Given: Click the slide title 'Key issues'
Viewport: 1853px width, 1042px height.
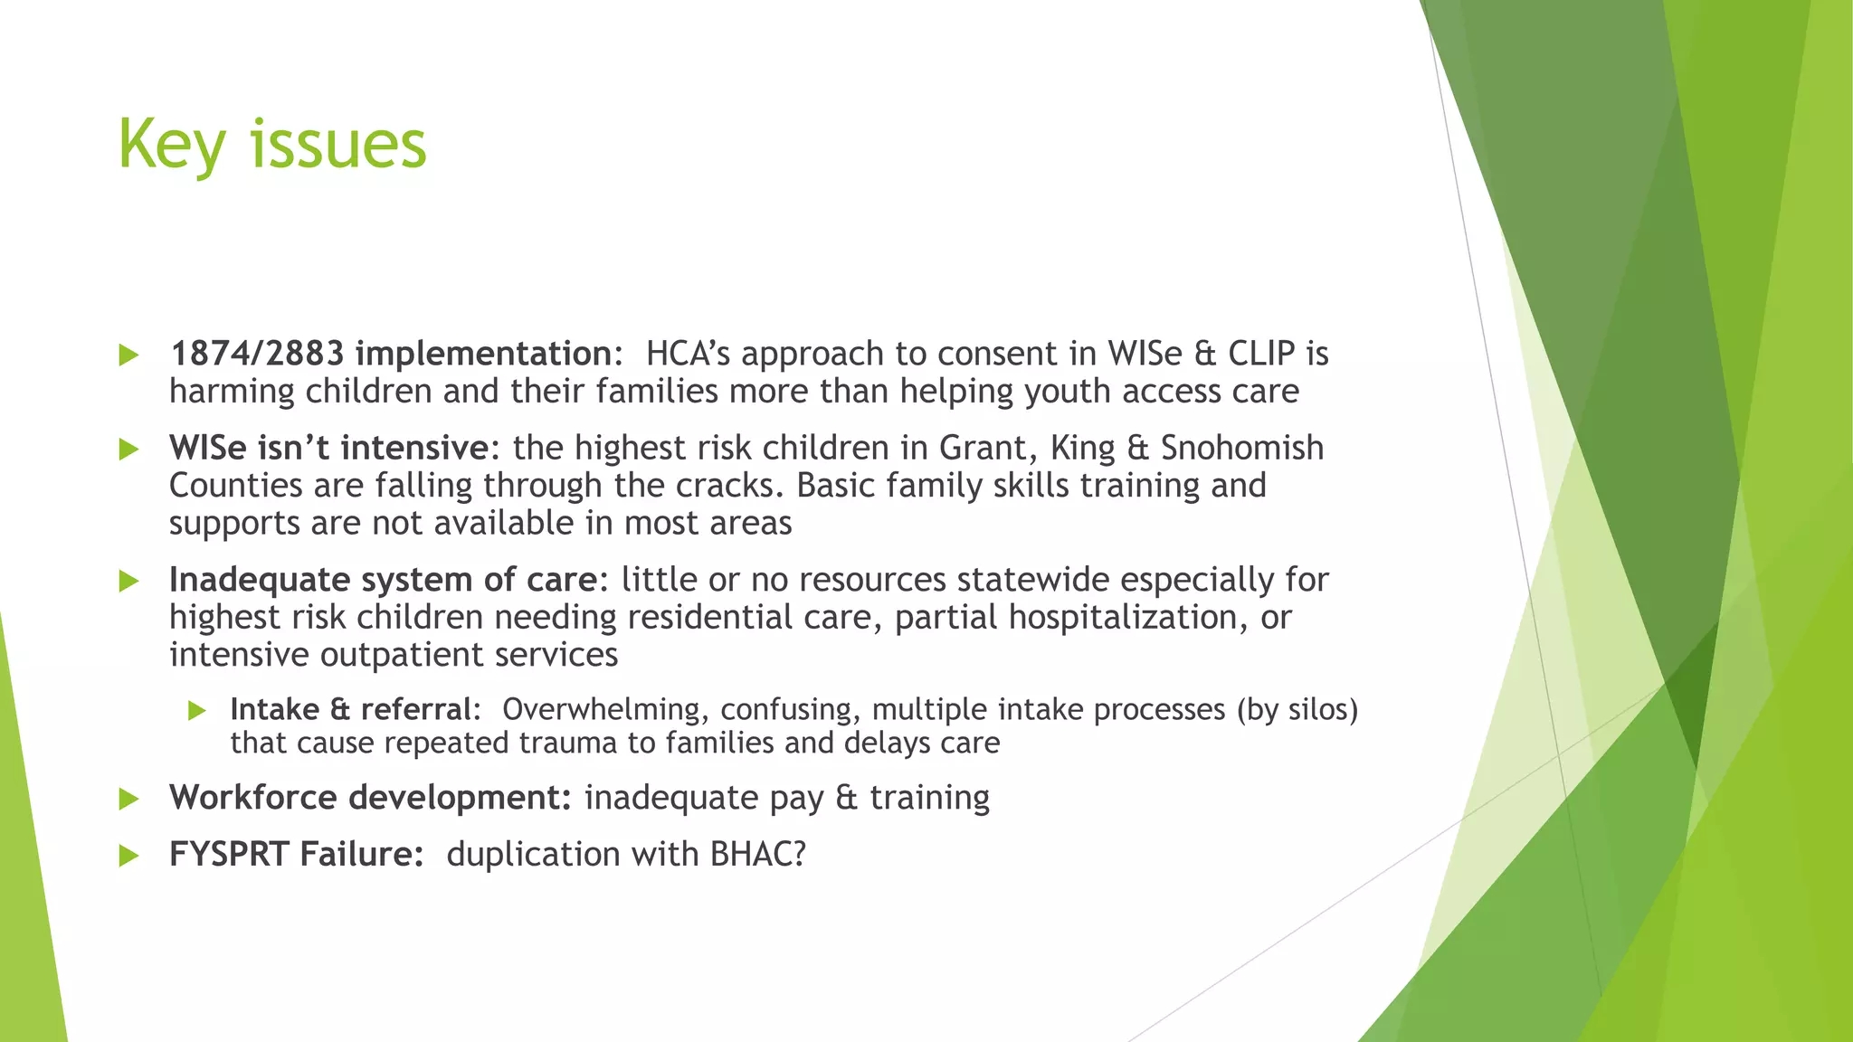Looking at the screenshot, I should [x=271, y=145].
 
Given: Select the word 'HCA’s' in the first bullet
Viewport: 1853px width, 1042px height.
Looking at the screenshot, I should [x=688, y=354].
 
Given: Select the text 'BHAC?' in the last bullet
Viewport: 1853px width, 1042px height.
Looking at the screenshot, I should [x=757, y=854].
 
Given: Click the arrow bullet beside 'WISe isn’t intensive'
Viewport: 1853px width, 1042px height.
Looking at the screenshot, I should [x=129, y=449].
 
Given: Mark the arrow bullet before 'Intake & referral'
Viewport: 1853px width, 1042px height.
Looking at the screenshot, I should [x=197, y=711].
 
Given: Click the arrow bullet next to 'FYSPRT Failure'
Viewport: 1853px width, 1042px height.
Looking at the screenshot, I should [x=129, y=855].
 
